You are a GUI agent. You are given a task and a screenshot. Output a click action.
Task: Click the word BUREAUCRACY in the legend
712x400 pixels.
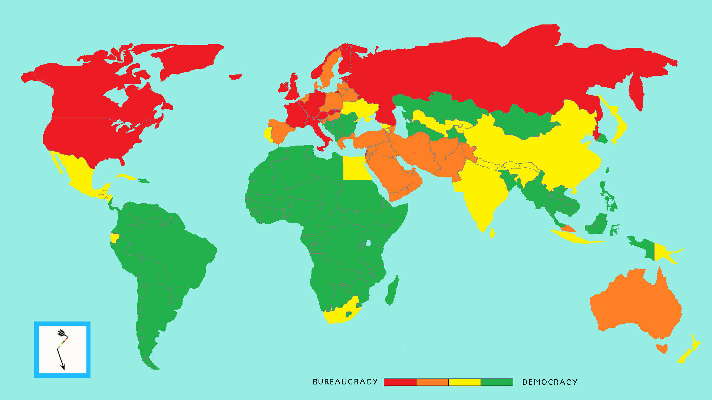tap(345, 382)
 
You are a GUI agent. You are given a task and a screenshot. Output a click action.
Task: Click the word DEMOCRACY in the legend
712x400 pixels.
tap(550, 382)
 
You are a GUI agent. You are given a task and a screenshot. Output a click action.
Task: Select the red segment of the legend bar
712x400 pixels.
tap(400, 382)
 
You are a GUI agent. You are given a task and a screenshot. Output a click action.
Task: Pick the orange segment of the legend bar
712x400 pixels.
tap(432, 382)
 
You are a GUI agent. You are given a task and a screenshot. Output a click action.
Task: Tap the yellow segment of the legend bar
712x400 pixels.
tap(464, 382)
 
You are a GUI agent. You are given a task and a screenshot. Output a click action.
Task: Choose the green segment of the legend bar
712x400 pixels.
tap(497, 382)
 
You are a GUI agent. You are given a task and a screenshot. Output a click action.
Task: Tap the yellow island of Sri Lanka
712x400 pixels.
tap(492, 233)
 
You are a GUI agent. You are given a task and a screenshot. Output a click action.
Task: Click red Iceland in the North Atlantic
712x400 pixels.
tap(235, 77)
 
